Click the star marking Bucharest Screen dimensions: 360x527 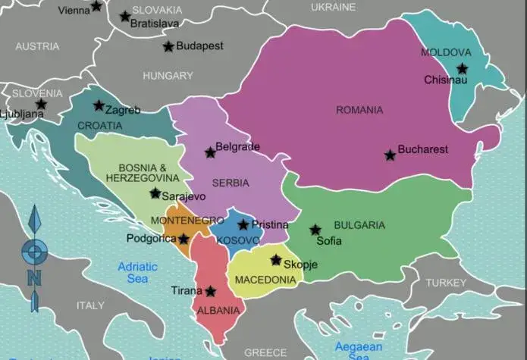click(x=390, y=155)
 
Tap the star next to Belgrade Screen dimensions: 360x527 click(x=210, y=152)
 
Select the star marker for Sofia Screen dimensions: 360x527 click(x=315, y=230)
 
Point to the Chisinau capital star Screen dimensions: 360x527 click(x=462, y=68)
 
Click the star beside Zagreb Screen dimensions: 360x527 click(x=99, y=106)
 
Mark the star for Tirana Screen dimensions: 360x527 click(x=210, y=291)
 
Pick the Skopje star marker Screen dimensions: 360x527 click(x=276, y=260)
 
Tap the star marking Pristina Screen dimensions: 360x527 click(x=243, y=225)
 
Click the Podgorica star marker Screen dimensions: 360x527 click(x=183, y=239)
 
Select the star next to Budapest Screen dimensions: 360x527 click(x=168, y=46)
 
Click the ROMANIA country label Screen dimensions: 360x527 click(x=359, y=110)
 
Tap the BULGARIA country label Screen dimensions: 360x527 click(x=359, y=225)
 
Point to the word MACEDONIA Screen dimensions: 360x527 click(x=265, y=280)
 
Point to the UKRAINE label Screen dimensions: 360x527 click(x=333, y=7)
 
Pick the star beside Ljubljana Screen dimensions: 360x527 click(x=41, y=105)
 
